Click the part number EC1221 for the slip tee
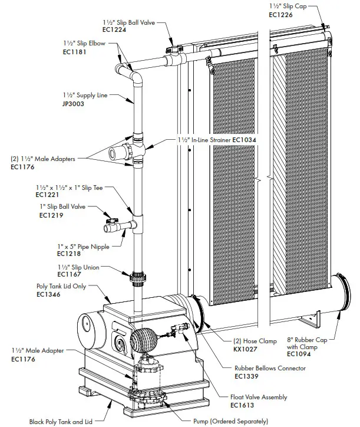point(48,194)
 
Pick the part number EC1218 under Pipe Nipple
point(69,254)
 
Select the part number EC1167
point(69,274)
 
